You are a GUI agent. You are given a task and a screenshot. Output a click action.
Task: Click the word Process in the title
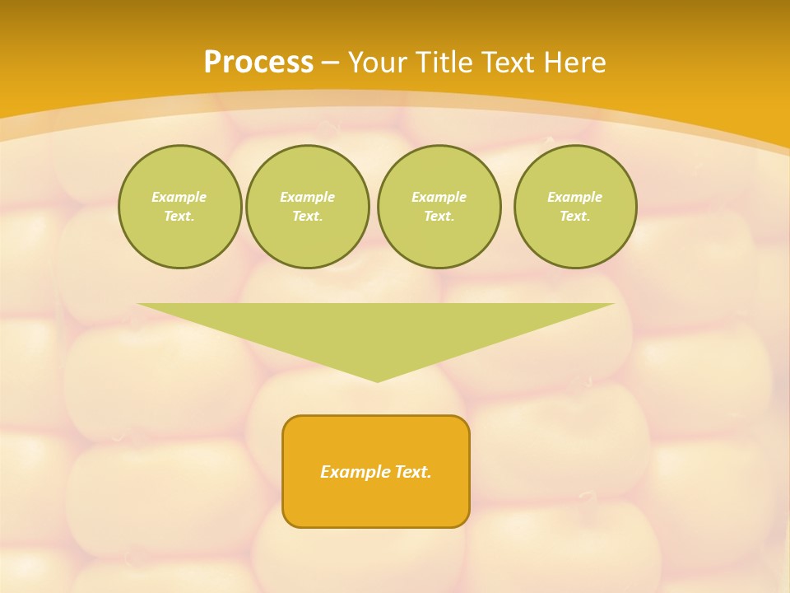coord(258,63)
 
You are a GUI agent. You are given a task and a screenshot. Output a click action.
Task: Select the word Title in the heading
coord(447,63)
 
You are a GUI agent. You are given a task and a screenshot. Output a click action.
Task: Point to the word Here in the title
coord(575,63)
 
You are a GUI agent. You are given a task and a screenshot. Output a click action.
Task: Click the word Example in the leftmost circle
coord(179,197)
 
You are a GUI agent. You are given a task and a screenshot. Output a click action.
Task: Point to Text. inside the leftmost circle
coord(179,216)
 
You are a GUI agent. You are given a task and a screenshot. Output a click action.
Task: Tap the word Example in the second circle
coord(307,197)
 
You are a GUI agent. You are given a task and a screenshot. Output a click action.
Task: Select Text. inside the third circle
coord(439,216)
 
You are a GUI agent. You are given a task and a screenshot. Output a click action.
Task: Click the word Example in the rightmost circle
coord(574,197)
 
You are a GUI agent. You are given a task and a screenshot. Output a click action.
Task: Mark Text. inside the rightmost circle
coord(574,216)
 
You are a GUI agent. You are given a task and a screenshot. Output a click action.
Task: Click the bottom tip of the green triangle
coord(377,380)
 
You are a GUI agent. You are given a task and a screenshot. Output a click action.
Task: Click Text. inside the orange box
coord(413,472)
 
